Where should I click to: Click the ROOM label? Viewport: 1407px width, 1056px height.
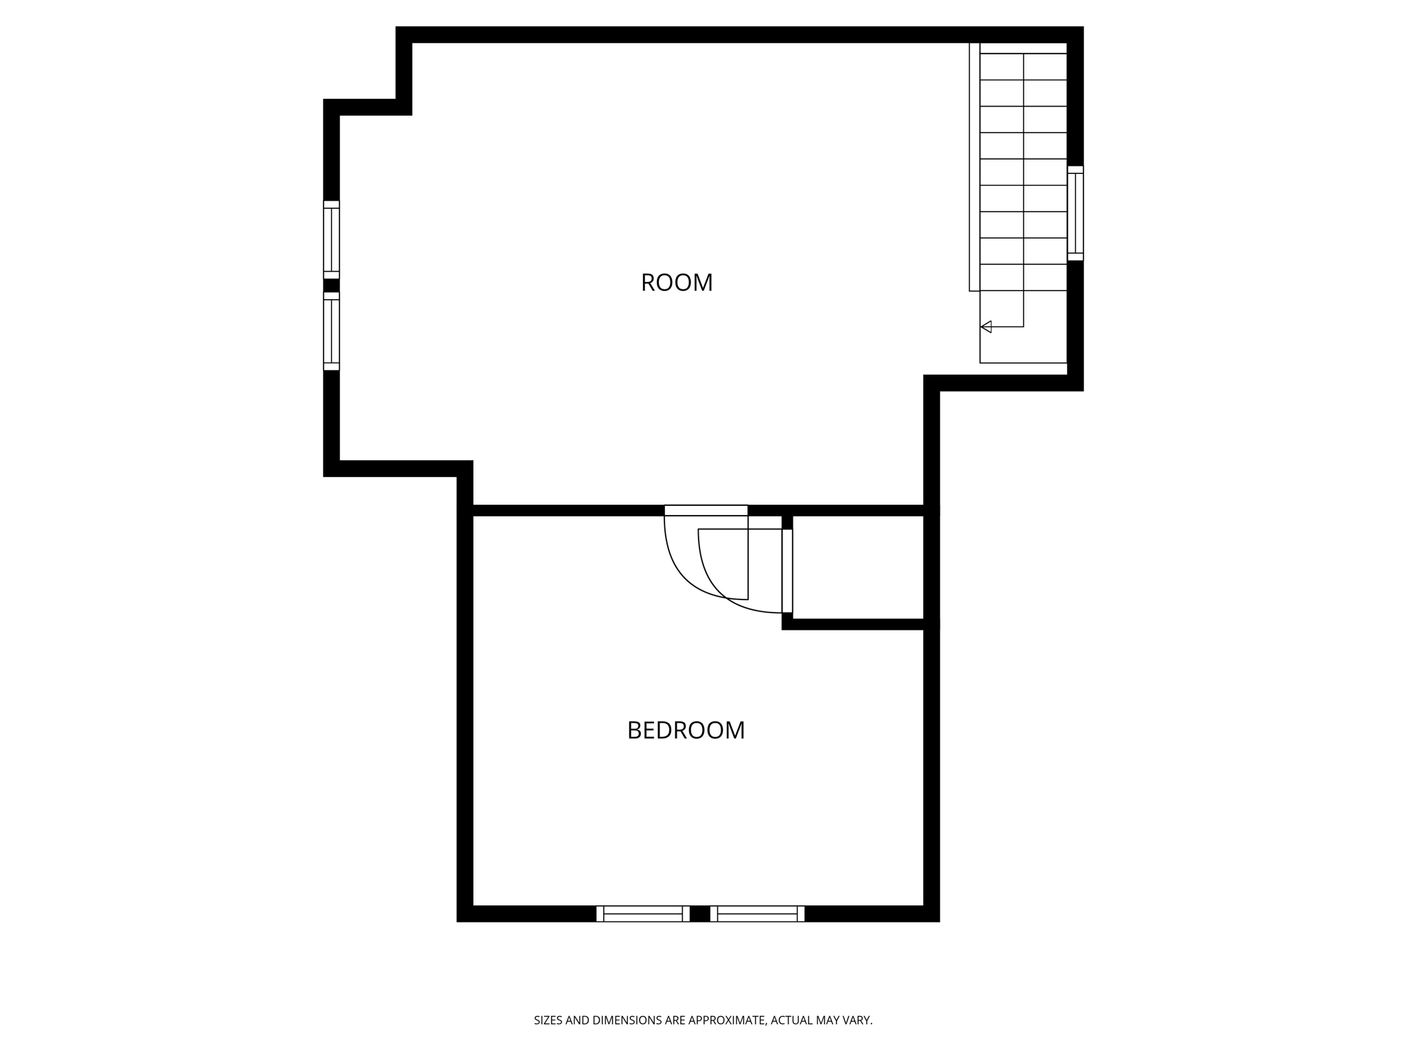677,283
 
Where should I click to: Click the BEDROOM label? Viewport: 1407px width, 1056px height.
686,730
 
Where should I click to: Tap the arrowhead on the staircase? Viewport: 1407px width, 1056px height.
986,327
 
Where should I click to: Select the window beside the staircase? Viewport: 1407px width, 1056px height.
1075,213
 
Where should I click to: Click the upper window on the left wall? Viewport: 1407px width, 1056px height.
331,240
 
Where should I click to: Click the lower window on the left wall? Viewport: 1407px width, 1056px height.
331,331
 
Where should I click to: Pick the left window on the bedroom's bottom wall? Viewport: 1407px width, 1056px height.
643,914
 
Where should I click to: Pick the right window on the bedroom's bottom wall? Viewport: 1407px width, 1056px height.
757,914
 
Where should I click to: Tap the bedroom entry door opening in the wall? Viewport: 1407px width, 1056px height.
706,510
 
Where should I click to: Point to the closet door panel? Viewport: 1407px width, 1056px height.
787,571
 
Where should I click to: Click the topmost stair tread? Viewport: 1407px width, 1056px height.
1023,66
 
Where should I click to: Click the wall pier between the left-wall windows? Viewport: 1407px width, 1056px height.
331,285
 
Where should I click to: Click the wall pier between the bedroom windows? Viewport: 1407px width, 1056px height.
699,914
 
